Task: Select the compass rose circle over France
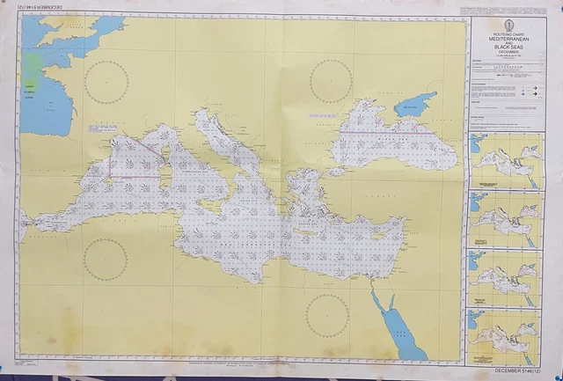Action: coord(106,82)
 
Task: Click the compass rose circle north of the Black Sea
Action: coord(331,81)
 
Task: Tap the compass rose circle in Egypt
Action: coord(327,314)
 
